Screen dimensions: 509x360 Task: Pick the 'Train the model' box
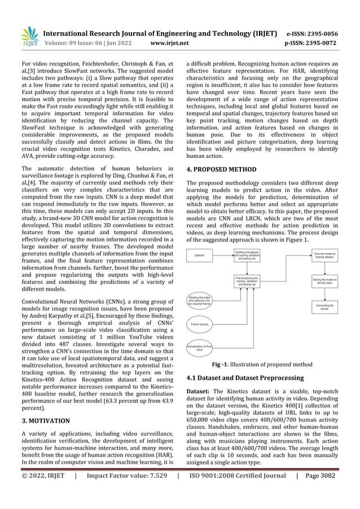[324, 255]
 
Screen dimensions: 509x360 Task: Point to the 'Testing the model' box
[324, 281]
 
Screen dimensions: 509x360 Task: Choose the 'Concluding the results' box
[324, 308]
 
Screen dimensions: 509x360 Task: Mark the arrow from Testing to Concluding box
[324, 294]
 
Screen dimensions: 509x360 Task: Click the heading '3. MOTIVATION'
[45, 420]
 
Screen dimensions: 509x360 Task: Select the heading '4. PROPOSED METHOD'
[221, 169]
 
